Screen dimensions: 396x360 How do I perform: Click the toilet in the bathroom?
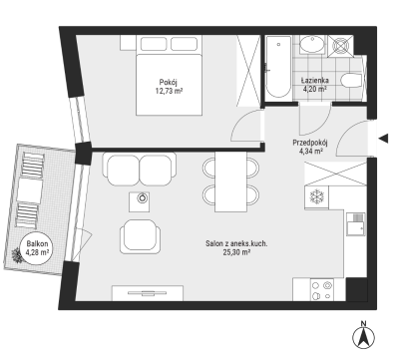(351, 81)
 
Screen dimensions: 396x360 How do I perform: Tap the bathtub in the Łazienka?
(278, 67)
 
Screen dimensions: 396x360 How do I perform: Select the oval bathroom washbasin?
(312, 45)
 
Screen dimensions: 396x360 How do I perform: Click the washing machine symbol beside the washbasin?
(341, 46)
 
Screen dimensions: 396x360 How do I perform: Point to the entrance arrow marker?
(384, 138)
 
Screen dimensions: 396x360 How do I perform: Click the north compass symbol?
(364, 335)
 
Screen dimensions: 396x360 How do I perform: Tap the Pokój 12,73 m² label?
(169, 86)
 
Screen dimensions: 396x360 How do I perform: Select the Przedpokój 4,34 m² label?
(310, 147)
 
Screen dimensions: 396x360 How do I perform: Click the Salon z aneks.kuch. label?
(236, 243)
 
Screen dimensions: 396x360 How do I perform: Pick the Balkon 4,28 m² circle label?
(37, 248)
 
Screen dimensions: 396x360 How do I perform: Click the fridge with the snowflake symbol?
(316, 197)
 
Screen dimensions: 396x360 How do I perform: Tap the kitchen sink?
(356, 224)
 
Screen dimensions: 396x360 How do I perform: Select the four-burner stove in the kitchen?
(322, 289)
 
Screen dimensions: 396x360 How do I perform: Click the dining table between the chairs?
(231, 181)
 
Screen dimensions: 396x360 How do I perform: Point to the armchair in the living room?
(140, 236)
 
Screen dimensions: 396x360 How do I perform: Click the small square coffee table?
(140, 201)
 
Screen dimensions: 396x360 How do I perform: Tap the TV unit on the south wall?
(148, 293)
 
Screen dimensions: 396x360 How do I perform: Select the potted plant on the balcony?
(17, 255)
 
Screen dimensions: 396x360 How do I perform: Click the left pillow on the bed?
(154, 44)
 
